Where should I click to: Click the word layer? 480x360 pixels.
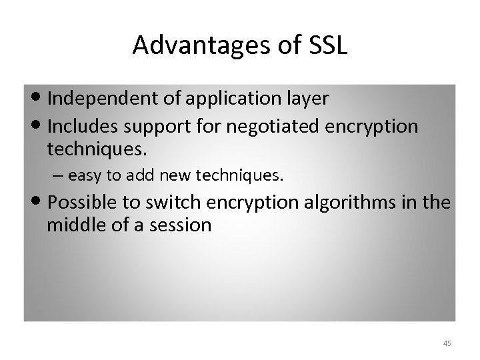pyautogui.click(x=305, y=99)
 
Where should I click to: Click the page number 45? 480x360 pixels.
pyautogui.click(x=447, y=343)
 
